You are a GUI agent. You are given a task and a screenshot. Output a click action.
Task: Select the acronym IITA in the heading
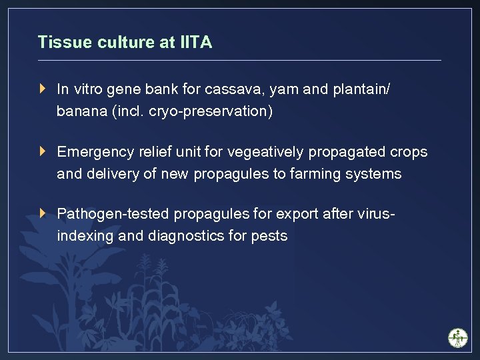(195, 43)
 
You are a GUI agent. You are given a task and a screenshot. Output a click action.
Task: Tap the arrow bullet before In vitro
(43, 89)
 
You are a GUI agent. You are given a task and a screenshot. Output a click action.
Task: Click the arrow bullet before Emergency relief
(43, 151)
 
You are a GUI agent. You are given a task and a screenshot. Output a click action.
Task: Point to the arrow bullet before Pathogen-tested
(43, 213)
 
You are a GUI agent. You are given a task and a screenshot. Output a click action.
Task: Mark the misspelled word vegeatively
(265, 152)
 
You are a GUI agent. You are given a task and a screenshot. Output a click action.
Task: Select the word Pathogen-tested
(113, 214)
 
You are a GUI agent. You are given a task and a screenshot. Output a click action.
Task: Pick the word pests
(269, 236)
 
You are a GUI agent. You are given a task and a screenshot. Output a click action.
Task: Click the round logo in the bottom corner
(457, 337)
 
